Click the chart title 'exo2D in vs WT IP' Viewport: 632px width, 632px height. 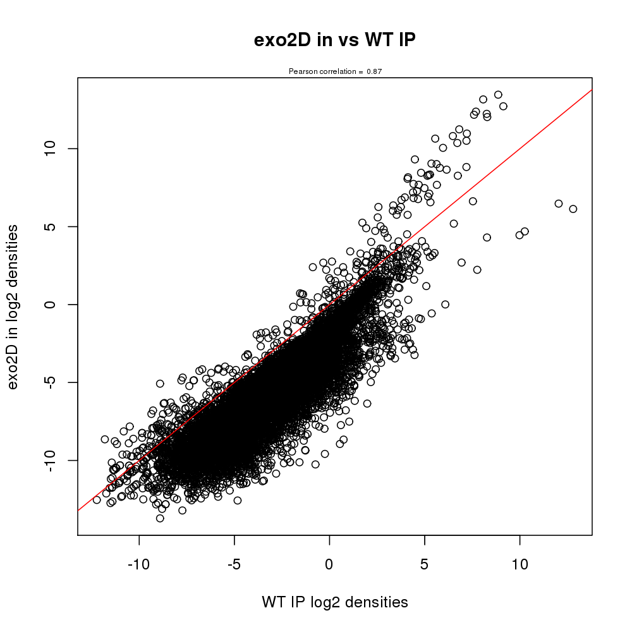[334, 40]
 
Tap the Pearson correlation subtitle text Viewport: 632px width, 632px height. [335, 71]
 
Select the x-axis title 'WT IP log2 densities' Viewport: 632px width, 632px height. [334, 602]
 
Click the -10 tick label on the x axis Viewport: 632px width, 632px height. [139, 562]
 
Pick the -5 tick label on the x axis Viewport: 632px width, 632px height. [234, 562]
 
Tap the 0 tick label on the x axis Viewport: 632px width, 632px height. [330, 562]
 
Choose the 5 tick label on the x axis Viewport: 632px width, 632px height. [425, 562]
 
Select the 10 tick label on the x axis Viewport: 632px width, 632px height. [520, 562]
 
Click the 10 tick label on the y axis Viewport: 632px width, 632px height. [52, 149]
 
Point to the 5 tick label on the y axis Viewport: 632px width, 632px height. [52, 226]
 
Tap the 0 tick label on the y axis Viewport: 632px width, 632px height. [52, 304]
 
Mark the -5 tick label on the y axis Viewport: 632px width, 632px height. [52, 382]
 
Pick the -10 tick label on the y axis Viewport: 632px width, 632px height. [52, 460]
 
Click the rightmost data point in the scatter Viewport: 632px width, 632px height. [573, 209]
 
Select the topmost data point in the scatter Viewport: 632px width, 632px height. [498, 95]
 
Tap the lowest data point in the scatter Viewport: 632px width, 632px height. [160, 518]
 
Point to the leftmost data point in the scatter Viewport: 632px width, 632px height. [97, 499]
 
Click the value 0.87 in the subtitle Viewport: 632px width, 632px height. [374, 71]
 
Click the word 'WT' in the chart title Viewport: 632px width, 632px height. [379, 40]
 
